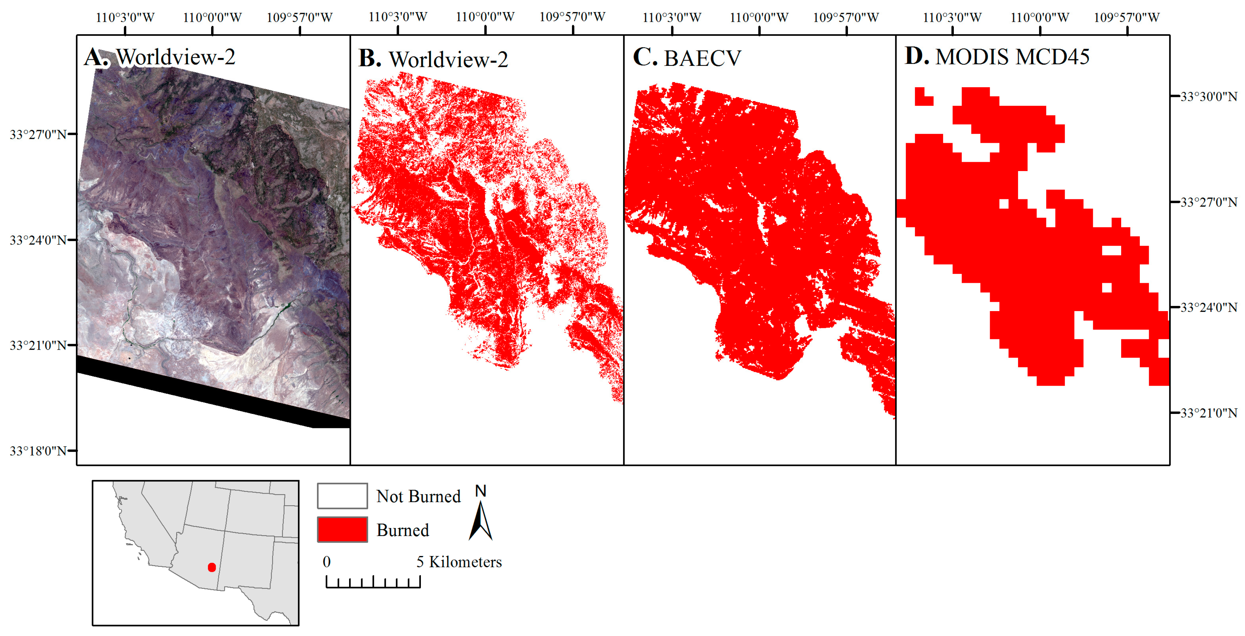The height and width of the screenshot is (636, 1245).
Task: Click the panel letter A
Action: pos(96,58)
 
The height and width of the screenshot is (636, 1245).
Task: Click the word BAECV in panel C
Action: pos(702,59)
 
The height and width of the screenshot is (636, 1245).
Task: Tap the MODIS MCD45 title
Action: pos(1012,57)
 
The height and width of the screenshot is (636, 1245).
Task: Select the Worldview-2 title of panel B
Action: pos(448,60)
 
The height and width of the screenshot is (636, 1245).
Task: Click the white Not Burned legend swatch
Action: pos(342,496)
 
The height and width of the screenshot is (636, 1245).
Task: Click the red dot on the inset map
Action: pos(212,567)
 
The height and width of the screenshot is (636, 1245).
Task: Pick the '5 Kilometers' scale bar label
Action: pos(459,562)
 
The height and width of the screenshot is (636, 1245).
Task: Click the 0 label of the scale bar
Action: pos(327,562)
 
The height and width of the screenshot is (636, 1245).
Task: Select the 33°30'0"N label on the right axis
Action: pos(1208,97)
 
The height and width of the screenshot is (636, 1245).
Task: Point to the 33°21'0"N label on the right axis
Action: pos(1208,413)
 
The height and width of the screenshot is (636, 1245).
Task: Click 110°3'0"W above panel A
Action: pos(125,17)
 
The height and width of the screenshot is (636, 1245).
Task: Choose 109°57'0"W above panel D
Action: pos(1127,17)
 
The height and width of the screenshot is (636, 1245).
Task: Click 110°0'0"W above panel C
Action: pos(759,17)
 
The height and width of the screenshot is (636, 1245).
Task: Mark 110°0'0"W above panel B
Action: pos(485,17)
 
